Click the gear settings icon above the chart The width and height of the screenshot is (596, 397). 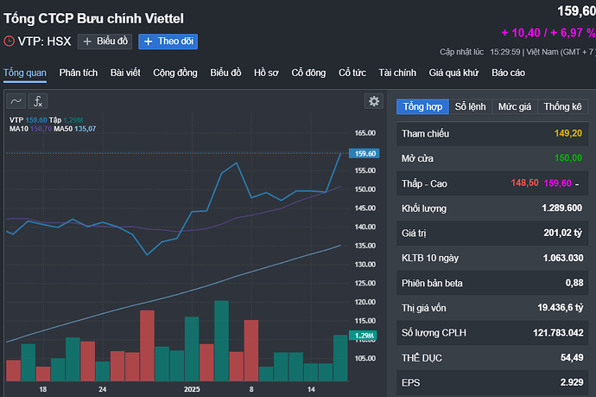pyautogui.click(x=374, y=101)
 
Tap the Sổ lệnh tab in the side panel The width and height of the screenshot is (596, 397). pyautogui.click(x=471, y=106)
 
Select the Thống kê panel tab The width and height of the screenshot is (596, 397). pyautogui.click(x=563, y=106)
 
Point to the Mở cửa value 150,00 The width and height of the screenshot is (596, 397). pyautogui.click(x=564, y=159)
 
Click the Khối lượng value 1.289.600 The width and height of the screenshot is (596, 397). pyautogui.click(x=561, y=208)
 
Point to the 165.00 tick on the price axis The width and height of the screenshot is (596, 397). pyautogui.click(x=365, y=134)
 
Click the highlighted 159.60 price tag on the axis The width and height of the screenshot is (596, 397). pyautogui.click(x=365, y=153)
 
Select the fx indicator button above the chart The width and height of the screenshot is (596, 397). pyautogui.click(x=39, y=101)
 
